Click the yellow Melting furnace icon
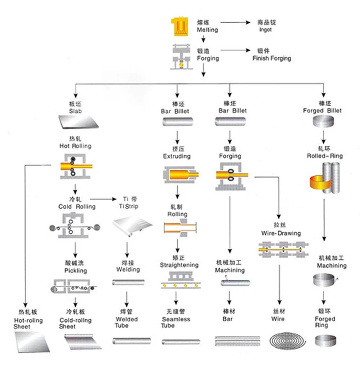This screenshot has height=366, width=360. (x=180, y=26)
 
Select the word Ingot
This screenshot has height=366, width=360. (x=264, y=29)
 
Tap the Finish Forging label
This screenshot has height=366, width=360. (x=271, y=58)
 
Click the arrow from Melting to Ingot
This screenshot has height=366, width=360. (x=235, y=23)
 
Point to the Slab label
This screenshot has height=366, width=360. (x=75, y=111)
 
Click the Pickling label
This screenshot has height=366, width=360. (x=76, y=271)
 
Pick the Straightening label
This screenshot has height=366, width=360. (x=178, y=265)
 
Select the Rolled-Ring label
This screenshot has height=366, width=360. (x=325, y=156)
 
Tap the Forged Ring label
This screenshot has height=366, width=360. (x=325, y=323)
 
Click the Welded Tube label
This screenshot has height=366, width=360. (x=126, y=322)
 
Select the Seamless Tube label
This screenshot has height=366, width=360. (x=176, y=322)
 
